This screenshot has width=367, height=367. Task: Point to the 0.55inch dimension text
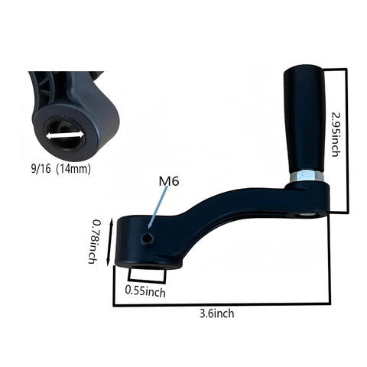(x=145, y=292)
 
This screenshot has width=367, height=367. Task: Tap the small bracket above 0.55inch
(x=145, y=275)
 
